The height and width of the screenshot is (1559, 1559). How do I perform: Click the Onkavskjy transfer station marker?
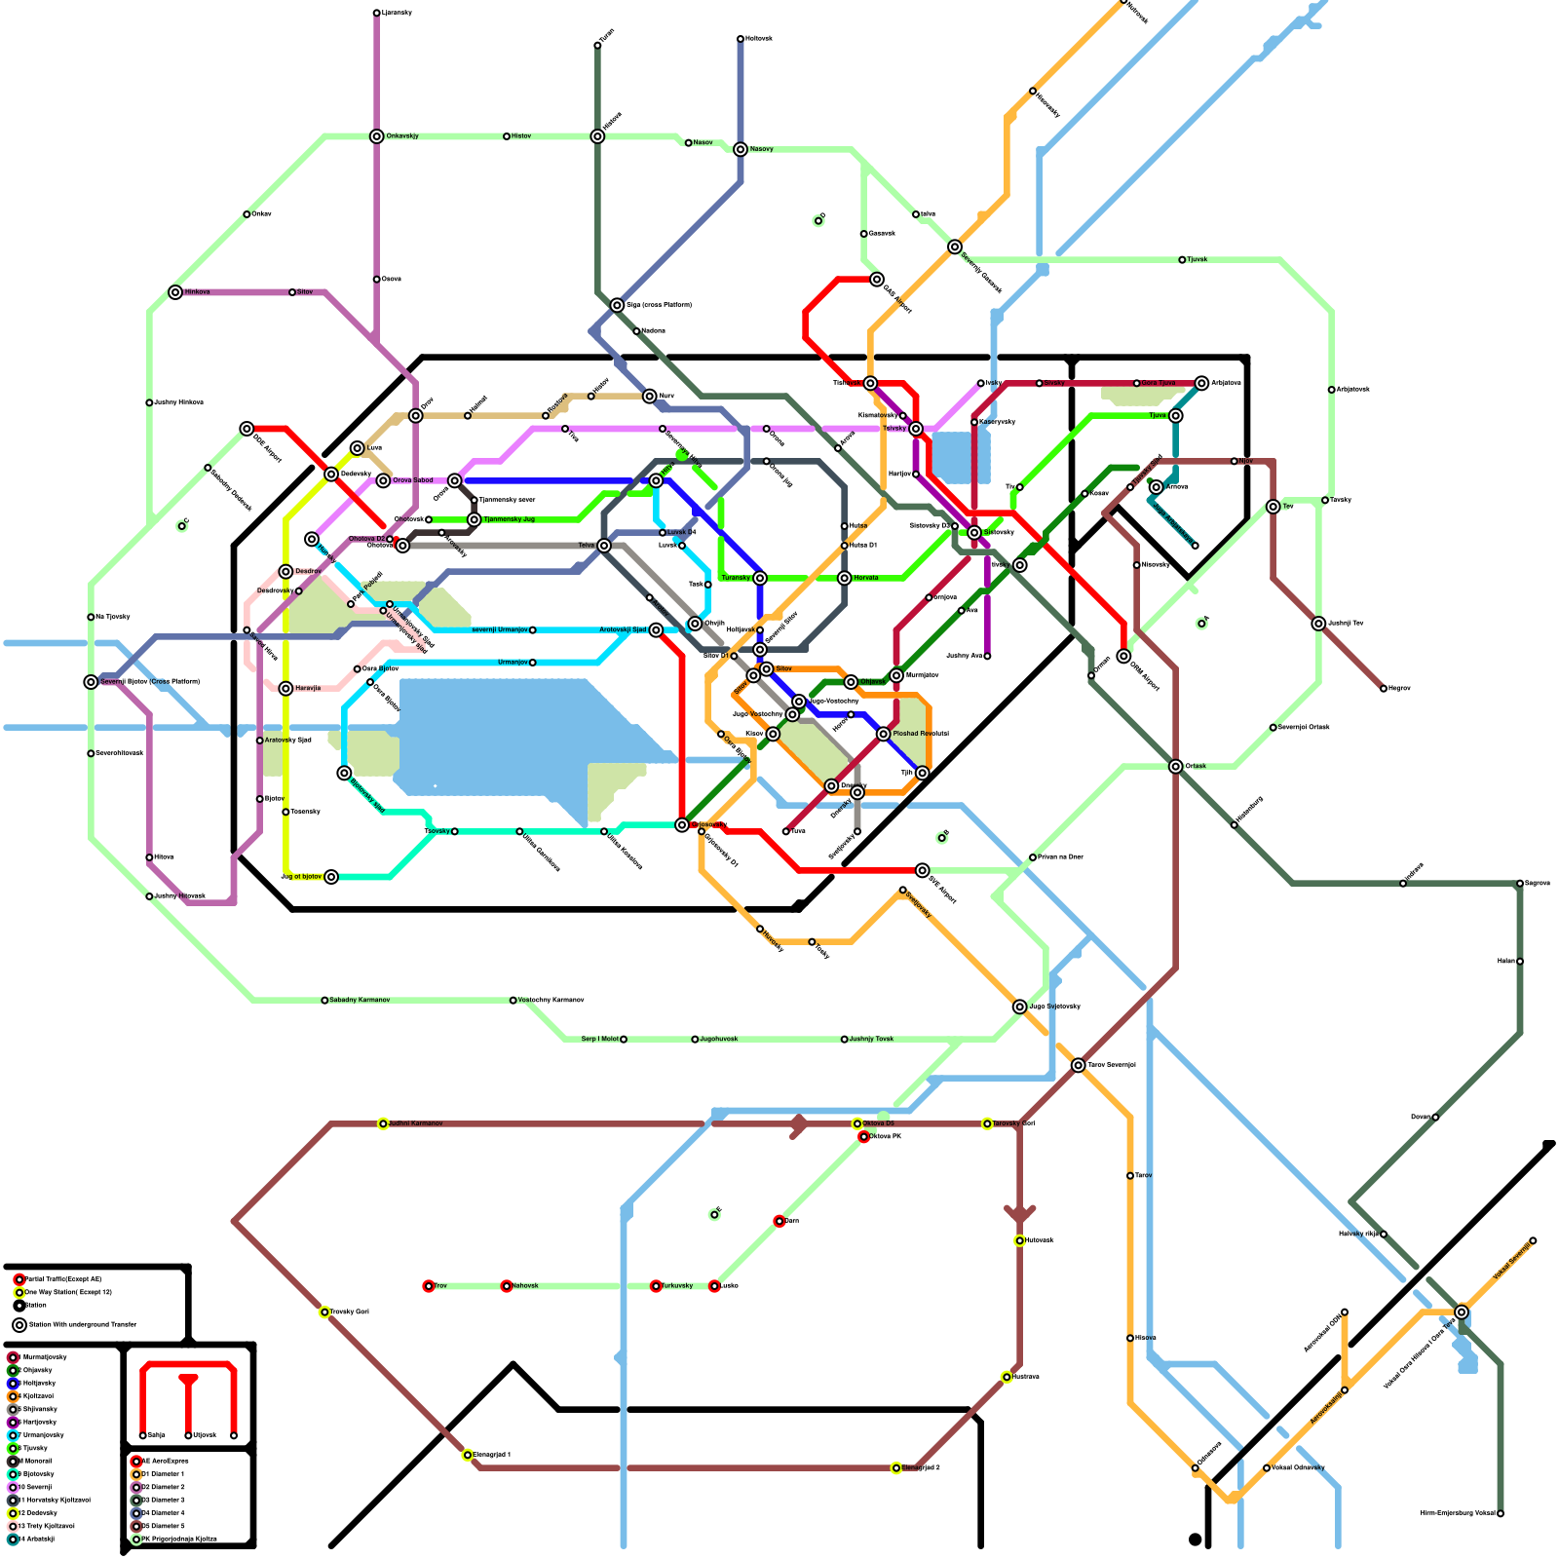(377, 136)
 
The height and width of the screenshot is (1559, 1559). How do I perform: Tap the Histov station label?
(521, 136)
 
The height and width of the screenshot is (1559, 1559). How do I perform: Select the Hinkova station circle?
(175, 292)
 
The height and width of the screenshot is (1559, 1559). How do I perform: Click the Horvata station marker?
(845, 578)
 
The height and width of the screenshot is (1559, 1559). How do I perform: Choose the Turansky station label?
(736, 578)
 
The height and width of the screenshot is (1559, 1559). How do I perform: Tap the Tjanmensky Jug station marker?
(475, 519)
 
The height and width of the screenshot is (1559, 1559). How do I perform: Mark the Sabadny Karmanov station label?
(360, 1000)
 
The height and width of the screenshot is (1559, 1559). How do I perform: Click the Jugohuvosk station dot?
(695, 1040)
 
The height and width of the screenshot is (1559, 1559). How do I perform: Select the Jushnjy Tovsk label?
(871, 1039)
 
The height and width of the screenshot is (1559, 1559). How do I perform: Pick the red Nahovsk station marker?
(507, 1286)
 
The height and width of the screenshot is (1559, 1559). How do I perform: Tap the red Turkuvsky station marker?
(656, 1286)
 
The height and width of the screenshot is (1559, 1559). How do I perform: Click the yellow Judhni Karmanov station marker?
(383, 1123)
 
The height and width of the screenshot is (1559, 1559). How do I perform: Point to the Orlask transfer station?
(1176, 767)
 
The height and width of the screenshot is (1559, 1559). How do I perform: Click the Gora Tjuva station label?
(1159, 383)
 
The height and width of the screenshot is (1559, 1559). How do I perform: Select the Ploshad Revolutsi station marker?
(884, 734)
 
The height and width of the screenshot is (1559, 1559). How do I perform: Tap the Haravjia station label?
(308, 688)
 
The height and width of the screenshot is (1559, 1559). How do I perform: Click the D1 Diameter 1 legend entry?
(163, 1474)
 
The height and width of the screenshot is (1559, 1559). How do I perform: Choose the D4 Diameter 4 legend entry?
(163, 1513)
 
